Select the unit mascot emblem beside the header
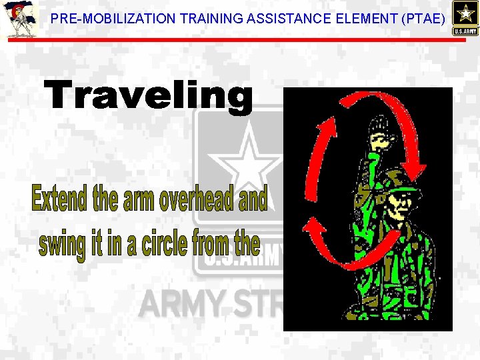19,20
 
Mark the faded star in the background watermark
248,160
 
